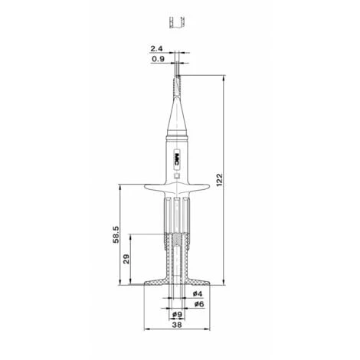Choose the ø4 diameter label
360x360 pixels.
(198, 293)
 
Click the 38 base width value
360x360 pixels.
(177, 325)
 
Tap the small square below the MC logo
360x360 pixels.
(177, 175)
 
